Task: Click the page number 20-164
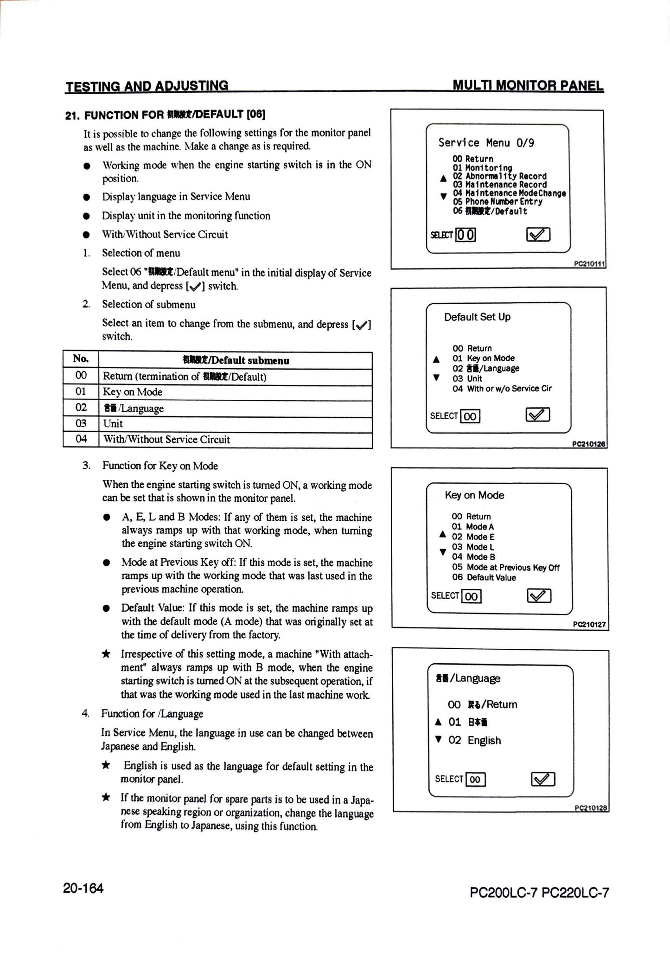83,888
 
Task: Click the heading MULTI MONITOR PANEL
528,86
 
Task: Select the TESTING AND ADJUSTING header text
147,86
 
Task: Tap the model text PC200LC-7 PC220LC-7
539,892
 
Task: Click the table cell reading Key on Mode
133,392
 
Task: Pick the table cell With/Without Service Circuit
166,440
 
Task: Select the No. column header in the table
81,359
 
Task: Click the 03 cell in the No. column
81,423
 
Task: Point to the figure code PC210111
589,264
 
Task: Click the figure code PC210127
589,625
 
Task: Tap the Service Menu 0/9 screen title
486,143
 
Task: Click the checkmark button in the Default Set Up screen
537,415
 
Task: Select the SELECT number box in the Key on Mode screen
471,596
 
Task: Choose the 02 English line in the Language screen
474,741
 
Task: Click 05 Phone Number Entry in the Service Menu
497,202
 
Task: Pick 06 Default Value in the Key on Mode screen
484,578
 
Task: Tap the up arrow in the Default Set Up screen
436,359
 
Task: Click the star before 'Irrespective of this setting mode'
106,654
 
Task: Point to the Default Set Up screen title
477,317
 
